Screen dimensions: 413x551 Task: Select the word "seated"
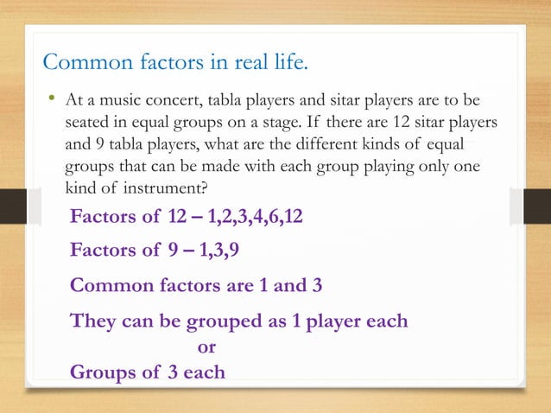point(89,124)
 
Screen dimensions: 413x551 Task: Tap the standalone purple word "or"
point(206,347)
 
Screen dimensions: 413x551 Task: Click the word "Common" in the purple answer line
point(107,285)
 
